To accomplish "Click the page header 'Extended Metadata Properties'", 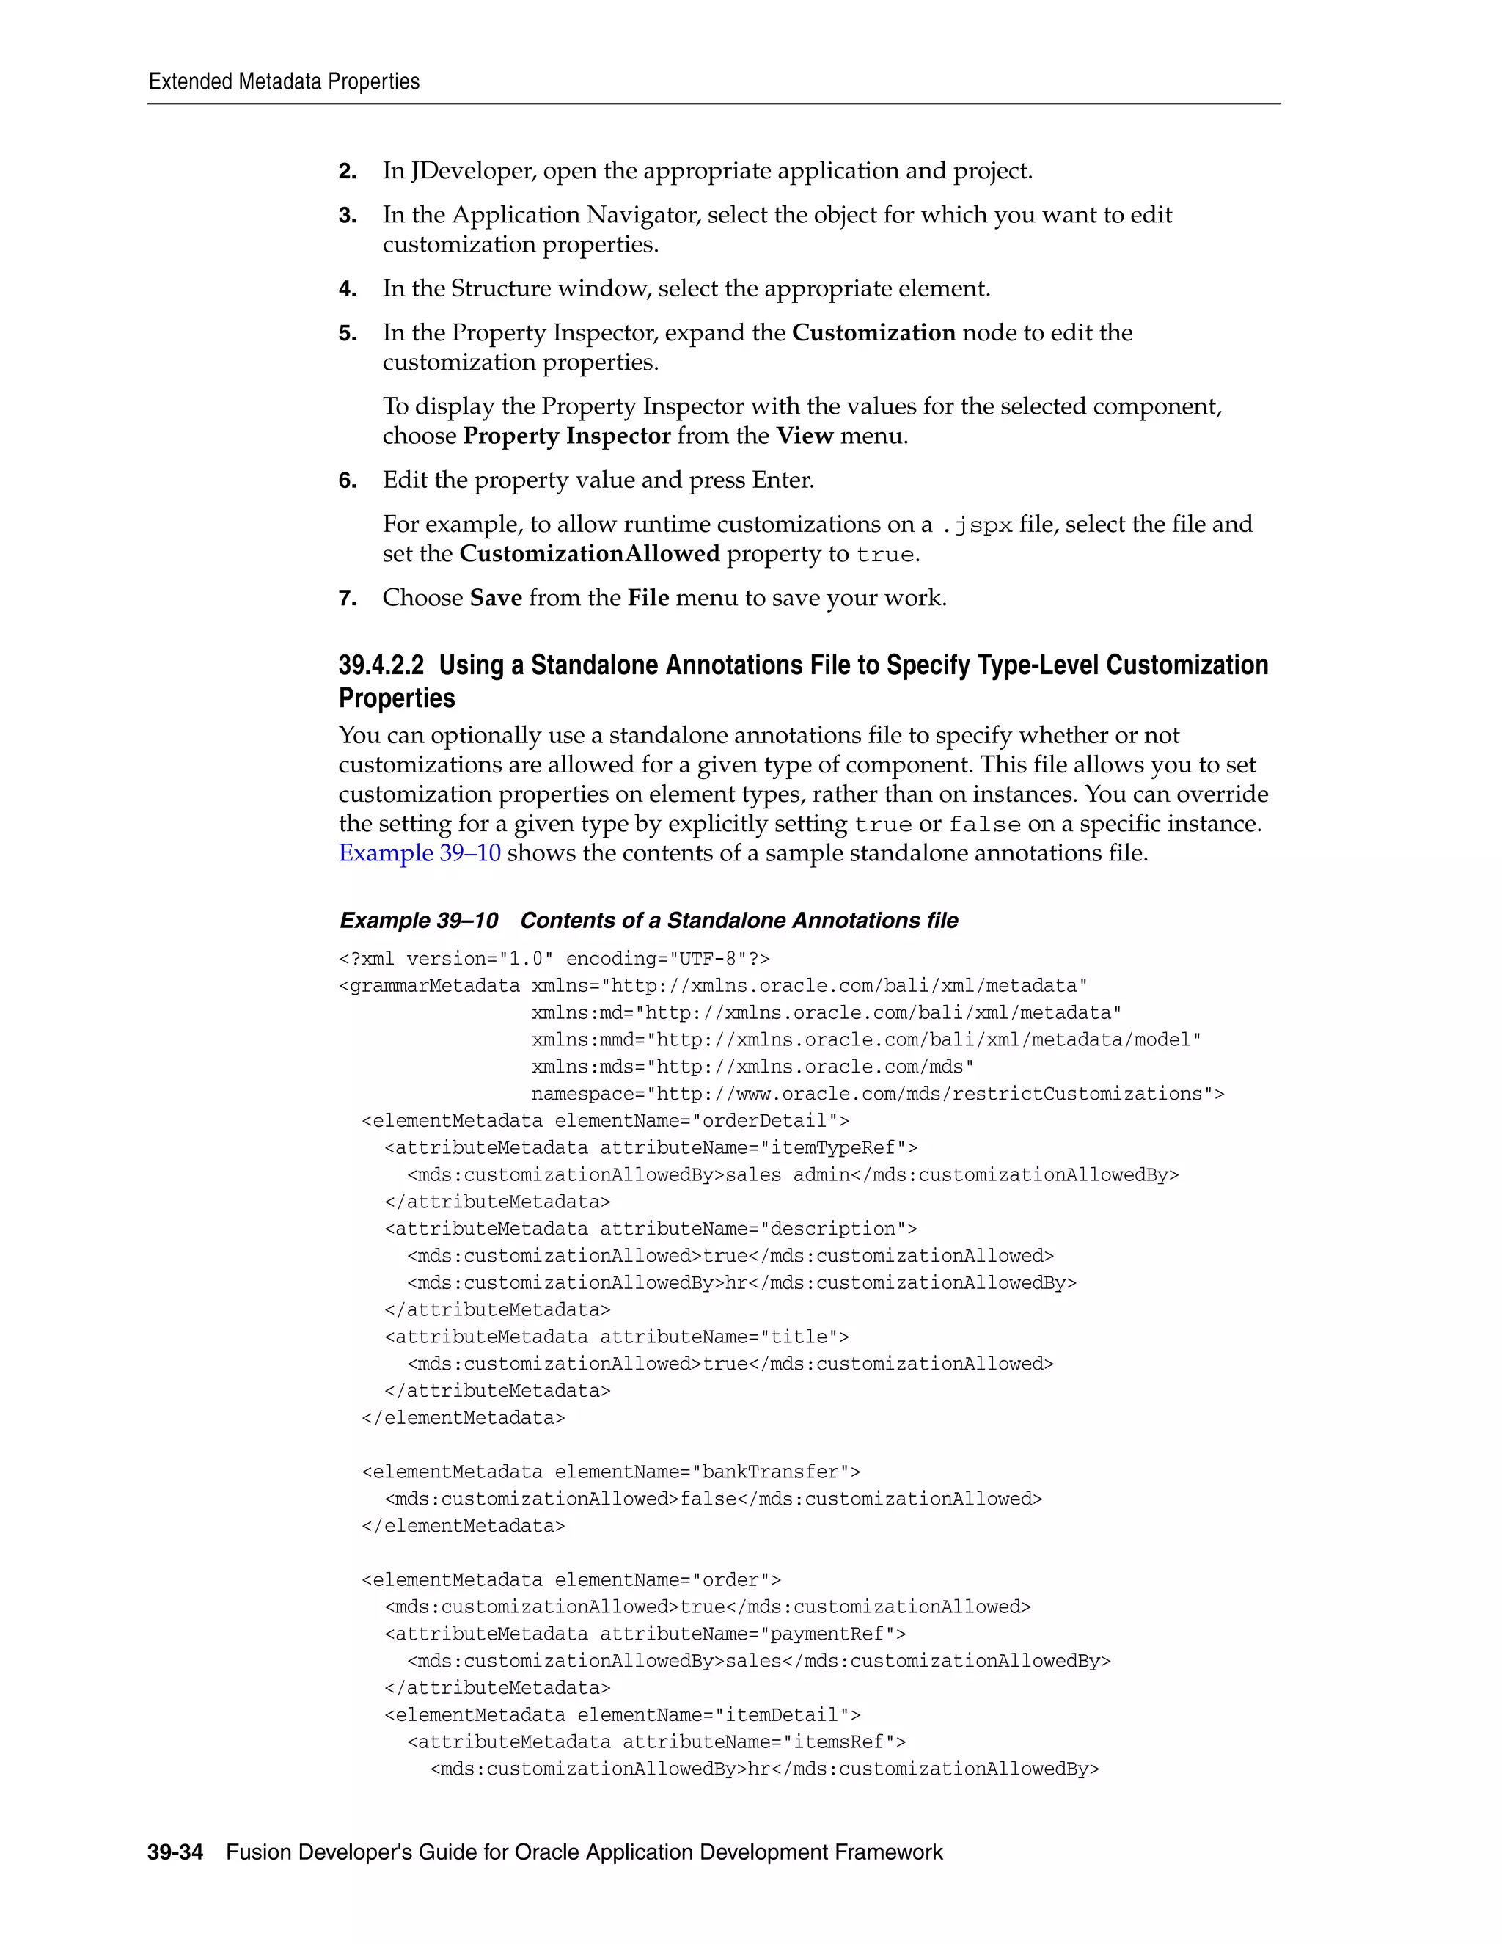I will pos(284,82).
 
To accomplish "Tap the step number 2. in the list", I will pos(347,171).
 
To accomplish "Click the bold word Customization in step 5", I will pos(873,333).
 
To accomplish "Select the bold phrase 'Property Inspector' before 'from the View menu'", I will pos(567,436).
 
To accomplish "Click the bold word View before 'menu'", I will pos(804,436).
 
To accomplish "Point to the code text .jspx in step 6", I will pos(976,525).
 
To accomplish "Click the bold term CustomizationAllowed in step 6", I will pos(589,554).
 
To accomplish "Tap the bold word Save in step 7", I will pos(496,598).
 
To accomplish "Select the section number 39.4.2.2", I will pos(381,666).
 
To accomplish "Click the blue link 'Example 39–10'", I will pos(419,852).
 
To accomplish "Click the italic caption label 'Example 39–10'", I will pos(418,921).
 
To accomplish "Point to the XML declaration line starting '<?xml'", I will pos(554,959).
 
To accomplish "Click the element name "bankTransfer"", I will pos(769,1472).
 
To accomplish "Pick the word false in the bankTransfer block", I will pos(708,1499).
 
